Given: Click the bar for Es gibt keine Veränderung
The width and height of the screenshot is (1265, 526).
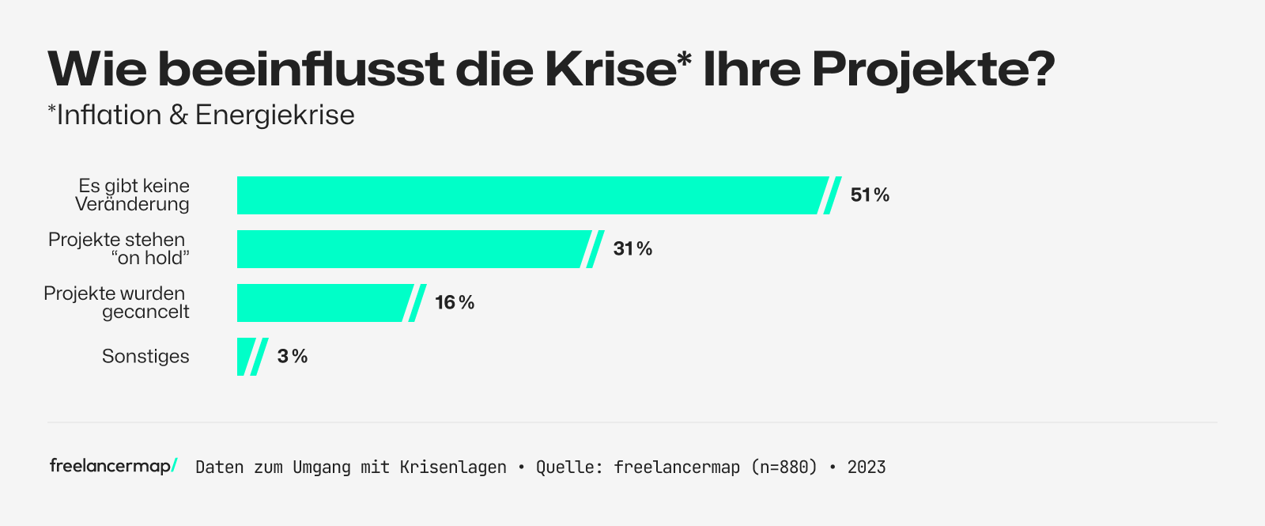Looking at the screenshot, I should point(530,195).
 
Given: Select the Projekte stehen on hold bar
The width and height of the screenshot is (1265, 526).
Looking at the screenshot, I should point(411,249).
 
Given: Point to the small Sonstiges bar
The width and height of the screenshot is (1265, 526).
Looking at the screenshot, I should point(245,357).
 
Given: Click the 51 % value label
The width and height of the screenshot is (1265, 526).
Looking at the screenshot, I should point(870,195).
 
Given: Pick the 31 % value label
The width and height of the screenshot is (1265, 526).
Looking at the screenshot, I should point(632,249).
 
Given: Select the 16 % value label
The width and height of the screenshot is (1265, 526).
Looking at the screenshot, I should point(455,303).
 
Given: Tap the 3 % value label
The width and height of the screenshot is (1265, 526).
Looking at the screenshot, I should point(293,357).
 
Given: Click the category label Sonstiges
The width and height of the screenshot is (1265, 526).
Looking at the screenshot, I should point(145,357).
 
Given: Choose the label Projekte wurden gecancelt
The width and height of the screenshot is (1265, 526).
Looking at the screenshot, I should point(116,302).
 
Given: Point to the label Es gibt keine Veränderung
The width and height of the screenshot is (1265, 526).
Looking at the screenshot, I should point(133,195).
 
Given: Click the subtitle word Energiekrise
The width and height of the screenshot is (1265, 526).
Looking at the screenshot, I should point(274,115).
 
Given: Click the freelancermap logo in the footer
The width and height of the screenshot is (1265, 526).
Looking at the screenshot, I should point(113,466).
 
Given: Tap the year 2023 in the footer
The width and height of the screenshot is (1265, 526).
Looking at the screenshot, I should point(867,467).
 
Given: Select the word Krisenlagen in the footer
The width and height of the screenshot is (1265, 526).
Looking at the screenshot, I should point(453,467).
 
